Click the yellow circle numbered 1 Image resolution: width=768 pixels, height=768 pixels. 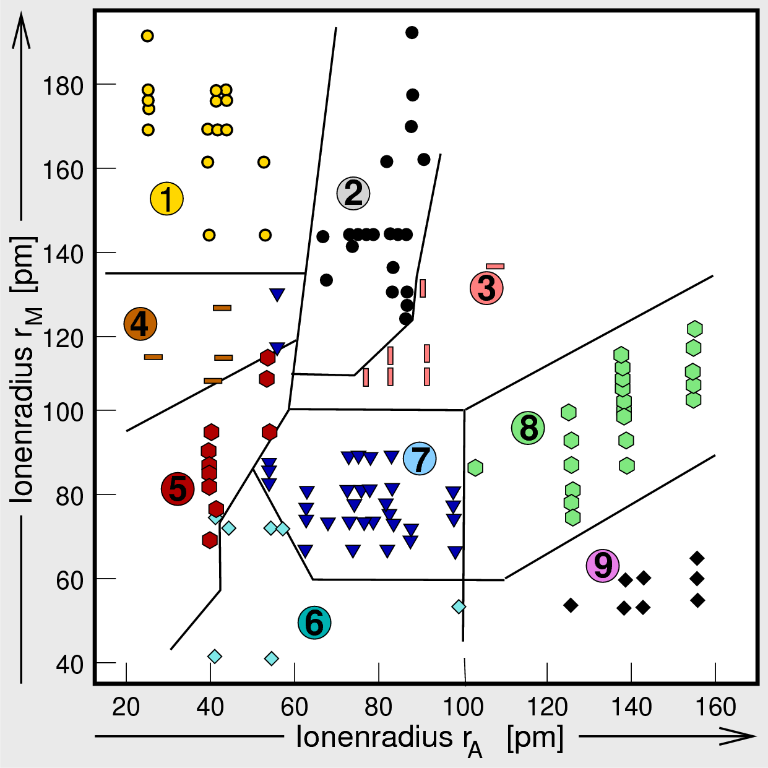pyautogui.click(x=166, y=199)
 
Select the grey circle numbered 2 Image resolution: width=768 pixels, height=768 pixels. pyautogui.click(x=353, y=193)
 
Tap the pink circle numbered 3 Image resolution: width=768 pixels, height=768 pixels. pyautogui.click(x=486, y=288)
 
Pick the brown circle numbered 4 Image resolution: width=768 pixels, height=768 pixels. pyautogui.click(x=140, y=324)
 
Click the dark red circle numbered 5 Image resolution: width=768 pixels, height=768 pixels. pyautogui.click(x=178, y=489)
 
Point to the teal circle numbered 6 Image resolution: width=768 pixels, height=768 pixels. pyautogui.click(x=314, y=623)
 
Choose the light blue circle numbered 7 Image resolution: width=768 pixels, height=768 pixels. pyautogui.click(x=420, y=459)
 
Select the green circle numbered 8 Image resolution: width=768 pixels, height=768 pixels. pyautogui.click(x=529, y=428)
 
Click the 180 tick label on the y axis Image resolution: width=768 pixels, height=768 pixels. pyautogui.click(x=63, y=86)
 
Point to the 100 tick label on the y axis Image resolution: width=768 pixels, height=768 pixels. pyautogui.click(x=63, y=412)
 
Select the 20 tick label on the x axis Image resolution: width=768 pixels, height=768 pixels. pyautogui.click(x=126, y=707)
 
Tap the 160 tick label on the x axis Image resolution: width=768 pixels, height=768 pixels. pyautogui.click(x=715, y=707)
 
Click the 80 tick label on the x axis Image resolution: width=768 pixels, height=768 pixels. pyautogui.click(x=378, y=707)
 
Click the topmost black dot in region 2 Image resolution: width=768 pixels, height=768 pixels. pyautogui.click(x=412, y=32)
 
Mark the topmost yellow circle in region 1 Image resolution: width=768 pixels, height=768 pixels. pyautogui.click(x=147, y=36)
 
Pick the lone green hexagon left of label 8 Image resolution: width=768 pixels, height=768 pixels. pyautogui.click(x=475, y=468)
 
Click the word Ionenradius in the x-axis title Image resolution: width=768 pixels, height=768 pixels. pyautogui.click(x=374, y=736)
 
